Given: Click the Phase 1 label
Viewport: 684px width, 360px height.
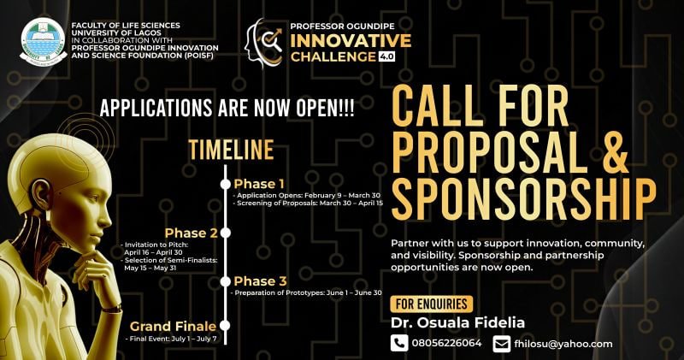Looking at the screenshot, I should (x=258, y=184).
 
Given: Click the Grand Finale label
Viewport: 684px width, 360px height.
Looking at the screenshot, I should (x=174, y=326).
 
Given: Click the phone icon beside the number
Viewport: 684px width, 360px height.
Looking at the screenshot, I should (x=399, y=343).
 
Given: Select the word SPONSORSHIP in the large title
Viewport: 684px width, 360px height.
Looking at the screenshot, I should (x=523, y=198).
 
